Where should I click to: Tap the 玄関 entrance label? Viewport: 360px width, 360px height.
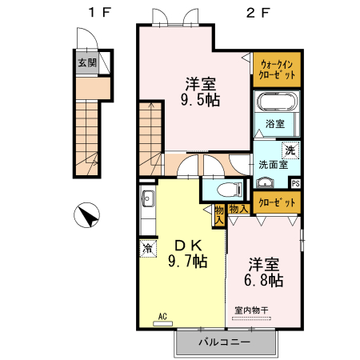[86, 62]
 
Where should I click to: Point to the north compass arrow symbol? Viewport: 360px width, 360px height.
[87, 215]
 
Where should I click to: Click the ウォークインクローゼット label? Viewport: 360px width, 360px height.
[277, 69]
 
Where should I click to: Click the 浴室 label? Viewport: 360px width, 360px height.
[276, 123]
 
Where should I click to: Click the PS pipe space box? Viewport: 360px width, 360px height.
[295, 183]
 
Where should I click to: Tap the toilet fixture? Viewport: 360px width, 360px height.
[228, 190]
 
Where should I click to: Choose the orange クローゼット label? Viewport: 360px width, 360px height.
[277, 202]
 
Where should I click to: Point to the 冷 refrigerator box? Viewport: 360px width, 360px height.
[146, 249]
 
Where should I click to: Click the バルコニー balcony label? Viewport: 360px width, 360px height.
[224, 342]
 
